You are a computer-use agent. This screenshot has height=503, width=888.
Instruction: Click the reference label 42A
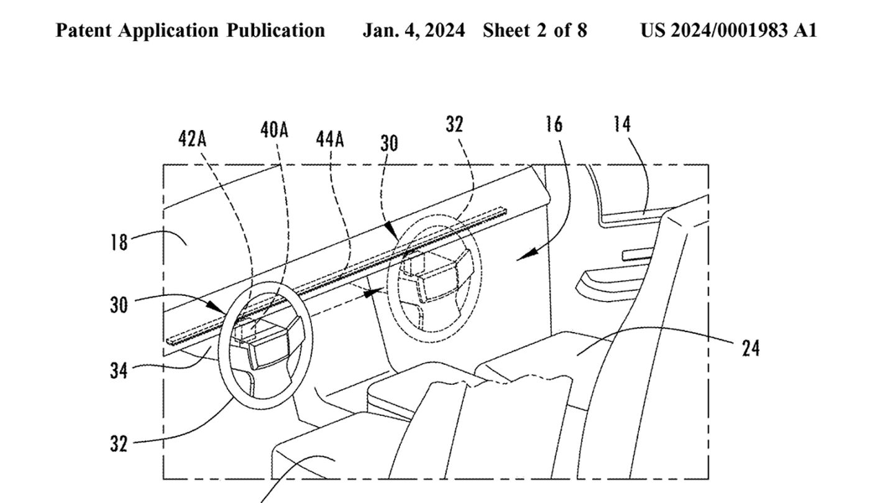coord(192,139)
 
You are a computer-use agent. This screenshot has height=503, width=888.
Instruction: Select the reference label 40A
coord(274,130)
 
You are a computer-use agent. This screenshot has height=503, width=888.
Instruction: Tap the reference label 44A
coord(330,139)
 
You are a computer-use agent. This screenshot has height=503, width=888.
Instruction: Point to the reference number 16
coord(554,124)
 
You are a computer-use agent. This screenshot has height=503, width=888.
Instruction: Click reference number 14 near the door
coord(622,124)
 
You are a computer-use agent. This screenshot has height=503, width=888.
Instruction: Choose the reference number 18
coord(119,242)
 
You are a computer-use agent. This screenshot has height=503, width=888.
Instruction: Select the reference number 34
coord(119,371)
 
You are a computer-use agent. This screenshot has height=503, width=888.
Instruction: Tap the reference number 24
coord(751,349)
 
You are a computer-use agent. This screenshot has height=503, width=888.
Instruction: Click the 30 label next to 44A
coord(389,143)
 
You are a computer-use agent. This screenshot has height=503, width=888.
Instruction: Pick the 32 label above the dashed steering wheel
coord(454,124)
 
